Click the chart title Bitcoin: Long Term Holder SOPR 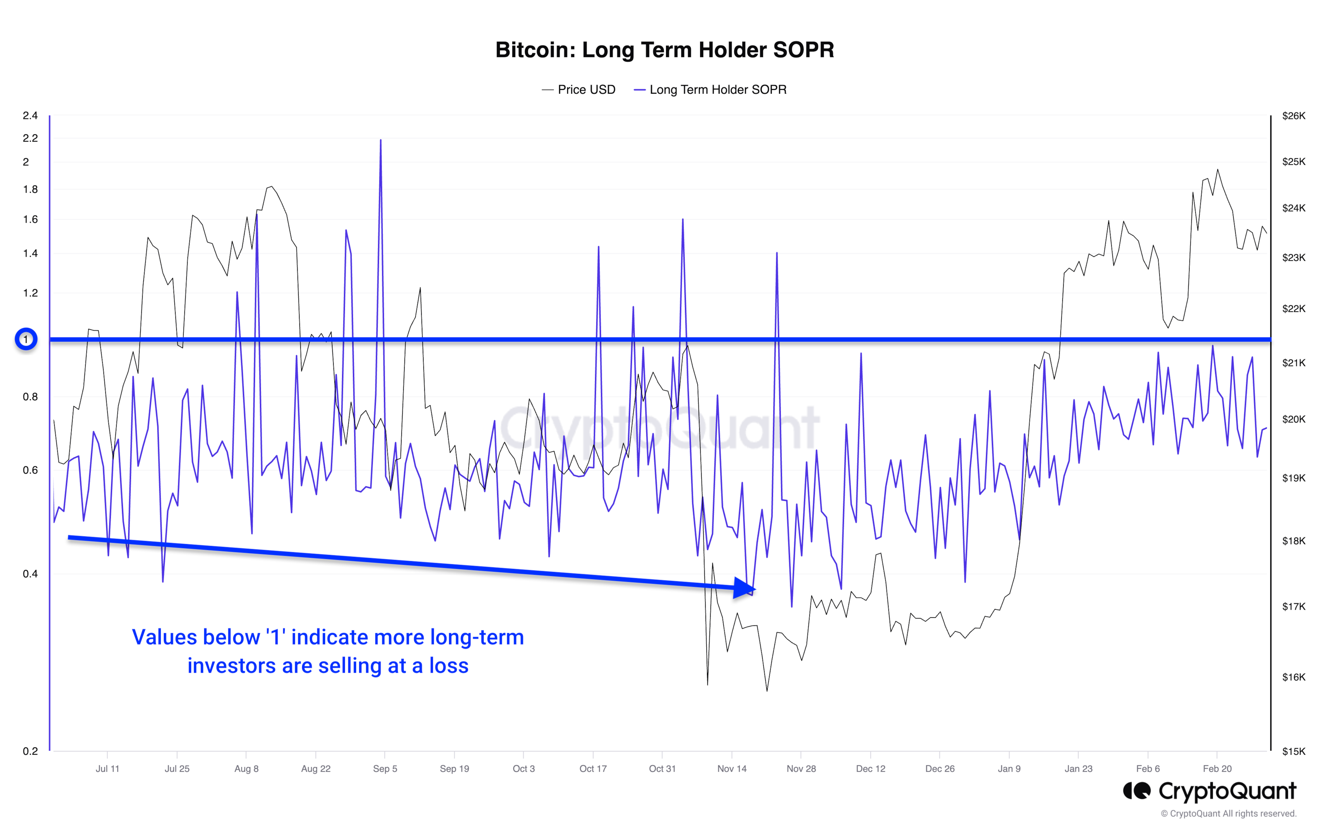(x=664, y=50)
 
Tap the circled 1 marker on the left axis (x=26, y=339)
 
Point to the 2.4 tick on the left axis (x=30, y=115)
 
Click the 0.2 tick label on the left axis (x=30, y=750)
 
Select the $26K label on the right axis (x=1293, y=116)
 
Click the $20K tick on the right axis (x=1293, y=419)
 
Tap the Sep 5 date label (x=385, y=768)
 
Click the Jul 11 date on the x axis (x=107, y=768)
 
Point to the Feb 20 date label (x=1217, y=768)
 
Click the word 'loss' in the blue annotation (x=449, y=666)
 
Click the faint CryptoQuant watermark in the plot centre (x=659, y=427)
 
